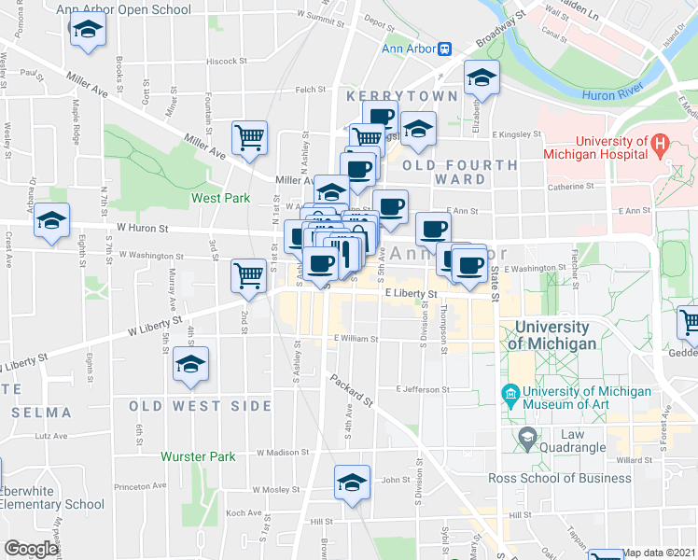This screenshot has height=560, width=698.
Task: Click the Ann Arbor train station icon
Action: pyautogui.click(x=445, y=49)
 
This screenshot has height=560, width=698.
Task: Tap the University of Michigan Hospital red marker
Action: pyautogui.click(x=660, y=146)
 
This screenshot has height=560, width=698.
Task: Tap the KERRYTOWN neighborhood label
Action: pyautogui.click(x=401, y=96)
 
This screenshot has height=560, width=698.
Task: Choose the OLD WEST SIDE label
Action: pyautogui.click(x=201, y=406)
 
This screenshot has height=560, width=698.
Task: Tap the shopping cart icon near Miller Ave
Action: pyautogui.click(x=249, y=138)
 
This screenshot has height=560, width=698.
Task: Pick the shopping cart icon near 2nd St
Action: pyautogui.click(x=249, y=274)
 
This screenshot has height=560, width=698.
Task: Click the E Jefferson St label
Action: pyautogui.click(x=423, y=389)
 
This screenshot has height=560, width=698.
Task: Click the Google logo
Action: pyautogui.click(x=31, y=549)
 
